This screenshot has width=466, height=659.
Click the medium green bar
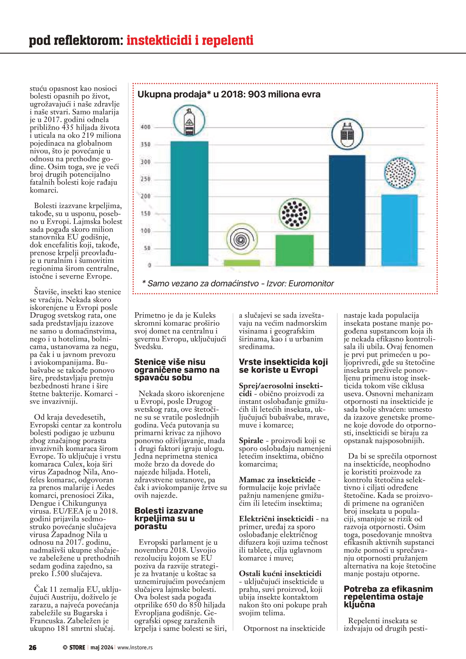point(294,250)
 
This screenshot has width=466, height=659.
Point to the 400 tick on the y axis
point(145,127)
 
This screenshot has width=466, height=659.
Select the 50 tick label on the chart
point(147,248)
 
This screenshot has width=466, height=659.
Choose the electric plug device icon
point(347,134)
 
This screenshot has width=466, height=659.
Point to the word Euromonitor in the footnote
point(311,284)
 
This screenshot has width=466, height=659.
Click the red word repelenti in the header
point(227,41)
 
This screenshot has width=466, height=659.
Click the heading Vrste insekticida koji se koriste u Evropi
point(283,366)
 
